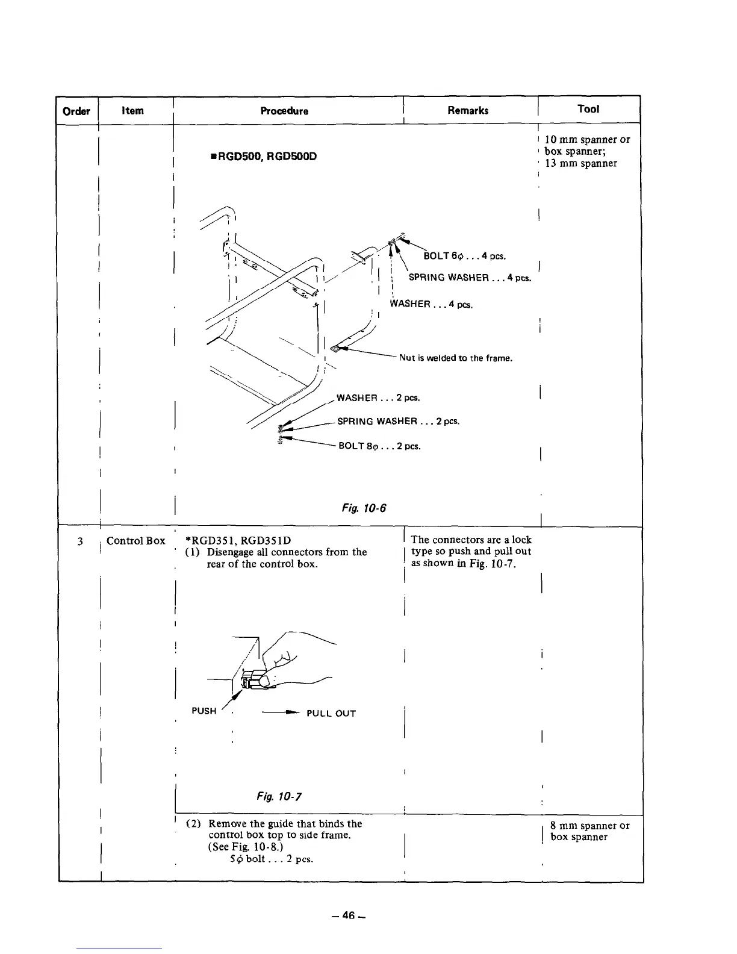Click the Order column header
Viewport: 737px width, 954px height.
coord(76,111)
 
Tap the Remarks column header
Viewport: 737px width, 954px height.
coord(468,110)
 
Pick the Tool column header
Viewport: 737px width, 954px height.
coord(588,109)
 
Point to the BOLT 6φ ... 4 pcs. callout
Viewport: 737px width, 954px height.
coord(464,256)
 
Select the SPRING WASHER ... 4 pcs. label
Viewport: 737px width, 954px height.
coord(469,278)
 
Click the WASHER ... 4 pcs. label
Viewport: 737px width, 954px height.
coord(431,304)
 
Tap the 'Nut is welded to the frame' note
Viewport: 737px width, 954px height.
coord(455,358)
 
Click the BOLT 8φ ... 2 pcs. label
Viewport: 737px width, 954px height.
coord(378,446)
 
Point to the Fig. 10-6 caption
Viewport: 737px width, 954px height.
coord(363,508)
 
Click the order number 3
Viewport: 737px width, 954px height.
coord(80,541)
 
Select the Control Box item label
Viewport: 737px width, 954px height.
coord(135,541)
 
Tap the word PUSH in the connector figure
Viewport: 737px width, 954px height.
coord(204,711)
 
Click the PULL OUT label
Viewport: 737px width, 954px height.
coord(331,714)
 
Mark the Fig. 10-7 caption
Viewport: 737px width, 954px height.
coord(279,797)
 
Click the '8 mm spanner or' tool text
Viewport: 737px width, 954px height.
coord(589,826)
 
